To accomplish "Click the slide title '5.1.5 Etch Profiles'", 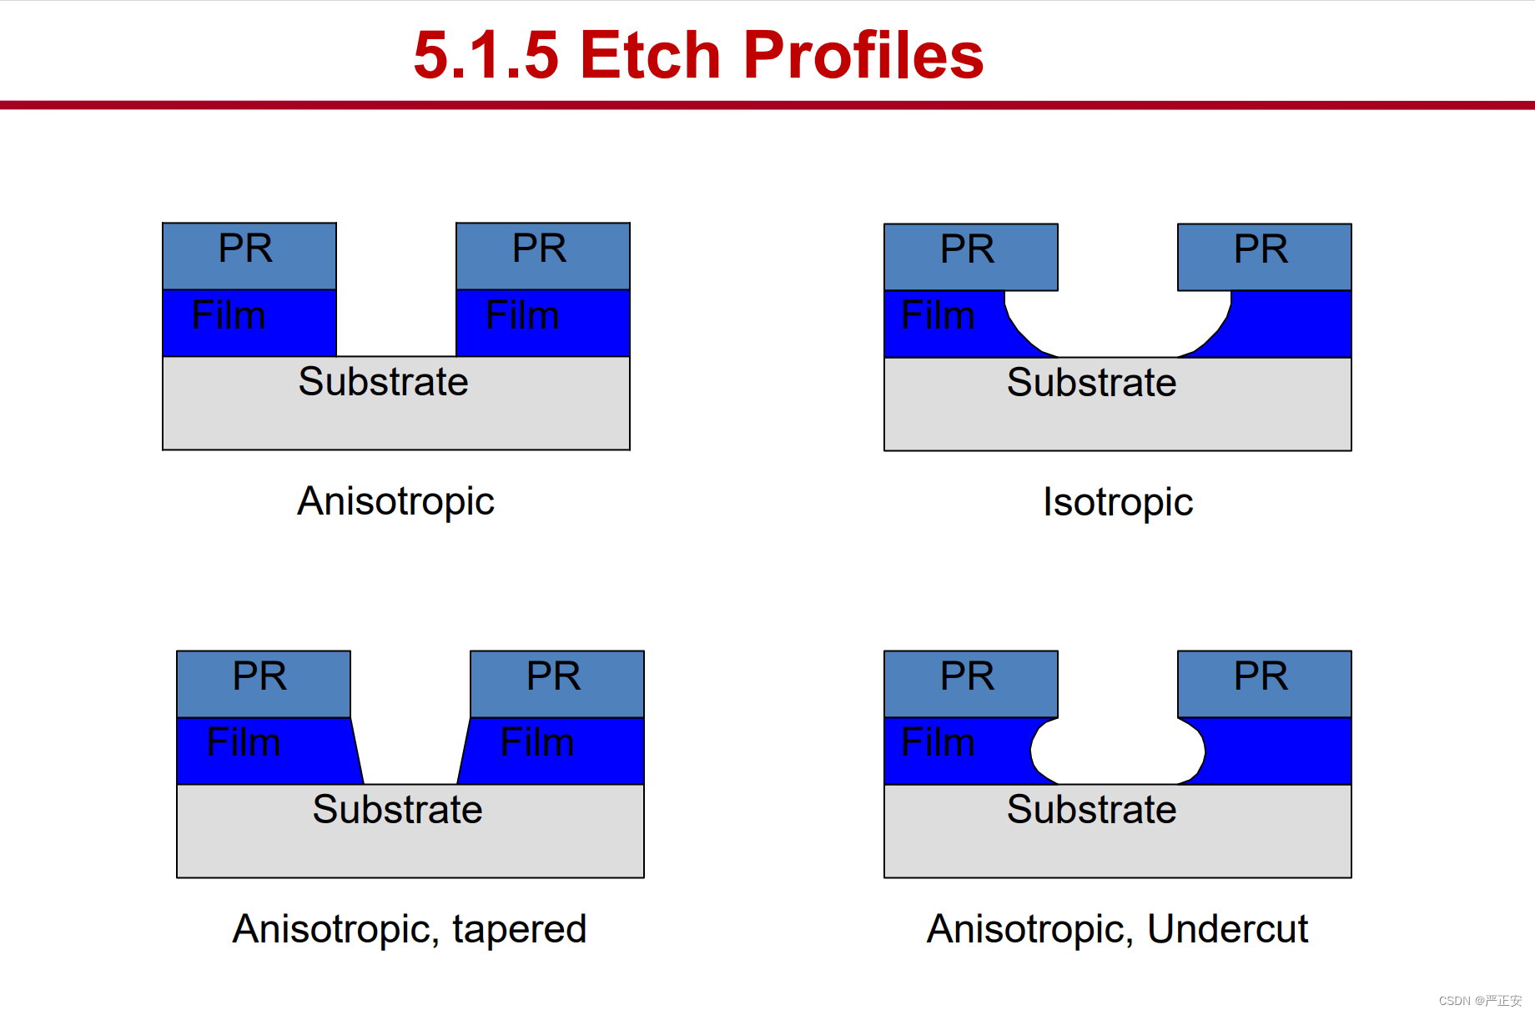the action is [x=698, y=55].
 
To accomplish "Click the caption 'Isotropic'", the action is [x=1118, y=502].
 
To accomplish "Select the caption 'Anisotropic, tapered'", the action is [x=410, y=929].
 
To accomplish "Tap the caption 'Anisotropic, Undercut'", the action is [x=1117, y=929].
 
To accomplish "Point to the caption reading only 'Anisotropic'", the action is [x=395, y=501].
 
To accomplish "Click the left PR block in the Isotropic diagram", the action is [x=971, y=257].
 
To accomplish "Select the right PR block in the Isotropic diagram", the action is [x=1265, y=257].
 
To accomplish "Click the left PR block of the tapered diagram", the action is [x=264, y=684].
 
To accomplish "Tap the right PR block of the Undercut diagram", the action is [x=1265, y=684].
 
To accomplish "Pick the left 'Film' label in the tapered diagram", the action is [x=244, y=741].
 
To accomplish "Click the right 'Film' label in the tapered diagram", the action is [x=537, y=741].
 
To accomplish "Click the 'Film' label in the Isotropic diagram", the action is [x=939, y=315].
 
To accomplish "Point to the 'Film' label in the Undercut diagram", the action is [x=939, y=741].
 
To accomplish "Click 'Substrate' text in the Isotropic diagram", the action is [x=1091, y=383].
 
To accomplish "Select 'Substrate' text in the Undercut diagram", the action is [x=1091, y=810].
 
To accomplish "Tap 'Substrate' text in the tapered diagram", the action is [x=397, y=810].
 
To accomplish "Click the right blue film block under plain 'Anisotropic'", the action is [x=543, y=324].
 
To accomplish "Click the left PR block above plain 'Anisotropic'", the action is [x=249, y=256].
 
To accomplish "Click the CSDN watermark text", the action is [x=1480, y=1000].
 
